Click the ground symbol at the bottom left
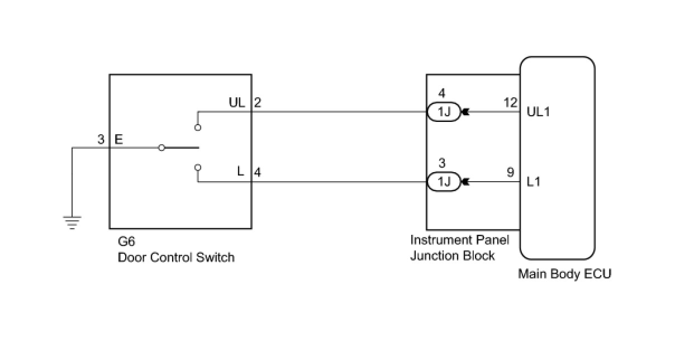click(x=72, y=222)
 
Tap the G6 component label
click(x=126, y=241)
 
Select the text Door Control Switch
click(x=176, y=257)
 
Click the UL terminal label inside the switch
click(x=237, y=102)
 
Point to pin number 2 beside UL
click(x=258, y=102)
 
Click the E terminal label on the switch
click(x=118, y=139)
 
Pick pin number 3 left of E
click(x=101, y=139)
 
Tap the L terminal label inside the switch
click(x=240, y=171)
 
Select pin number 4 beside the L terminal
click(x=258, y=172)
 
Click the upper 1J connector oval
click(x=444, y=112)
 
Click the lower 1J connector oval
click(x=444, y=182)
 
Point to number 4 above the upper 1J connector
click(x=442, y=93)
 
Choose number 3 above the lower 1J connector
click(x=442, y=163)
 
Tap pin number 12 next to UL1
click(x=511, y=102)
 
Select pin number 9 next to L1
click(x=511, y=172)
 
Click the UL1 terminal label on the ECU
click(x=538, y=112)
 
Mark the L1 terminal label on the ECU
click(x=534, y=182)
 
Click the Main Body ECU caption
click(x=564, y=274)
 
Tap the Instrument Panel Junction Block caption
click(x=459, y=248)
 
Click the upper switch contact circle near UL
click(x=198, y=127)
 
